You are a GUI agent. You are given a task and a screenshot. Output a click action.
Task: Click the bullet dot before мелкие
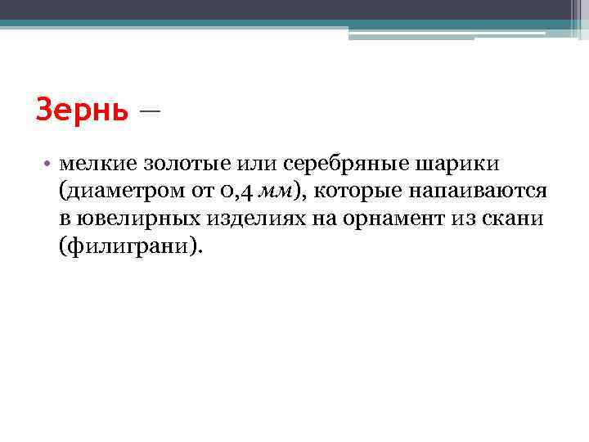tap(49, 164)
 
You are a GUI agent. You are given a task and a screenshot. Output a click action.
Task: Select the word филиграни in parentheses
tap(128, 246)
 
